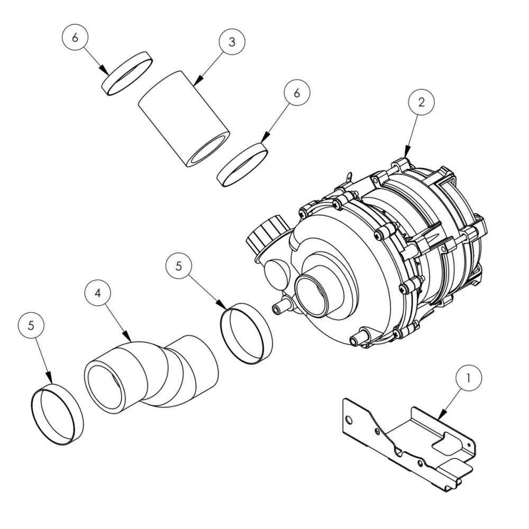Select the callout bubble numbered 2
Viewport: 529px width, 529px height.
tap(421, 102)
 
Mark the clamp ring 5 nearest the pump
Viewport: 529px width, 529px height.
tap(246, 333)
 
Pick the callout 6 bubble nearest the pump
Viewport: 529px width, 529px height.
tap(296, 93)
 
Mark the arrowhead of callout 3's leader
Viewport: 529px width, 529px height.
tap(194, 85)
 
